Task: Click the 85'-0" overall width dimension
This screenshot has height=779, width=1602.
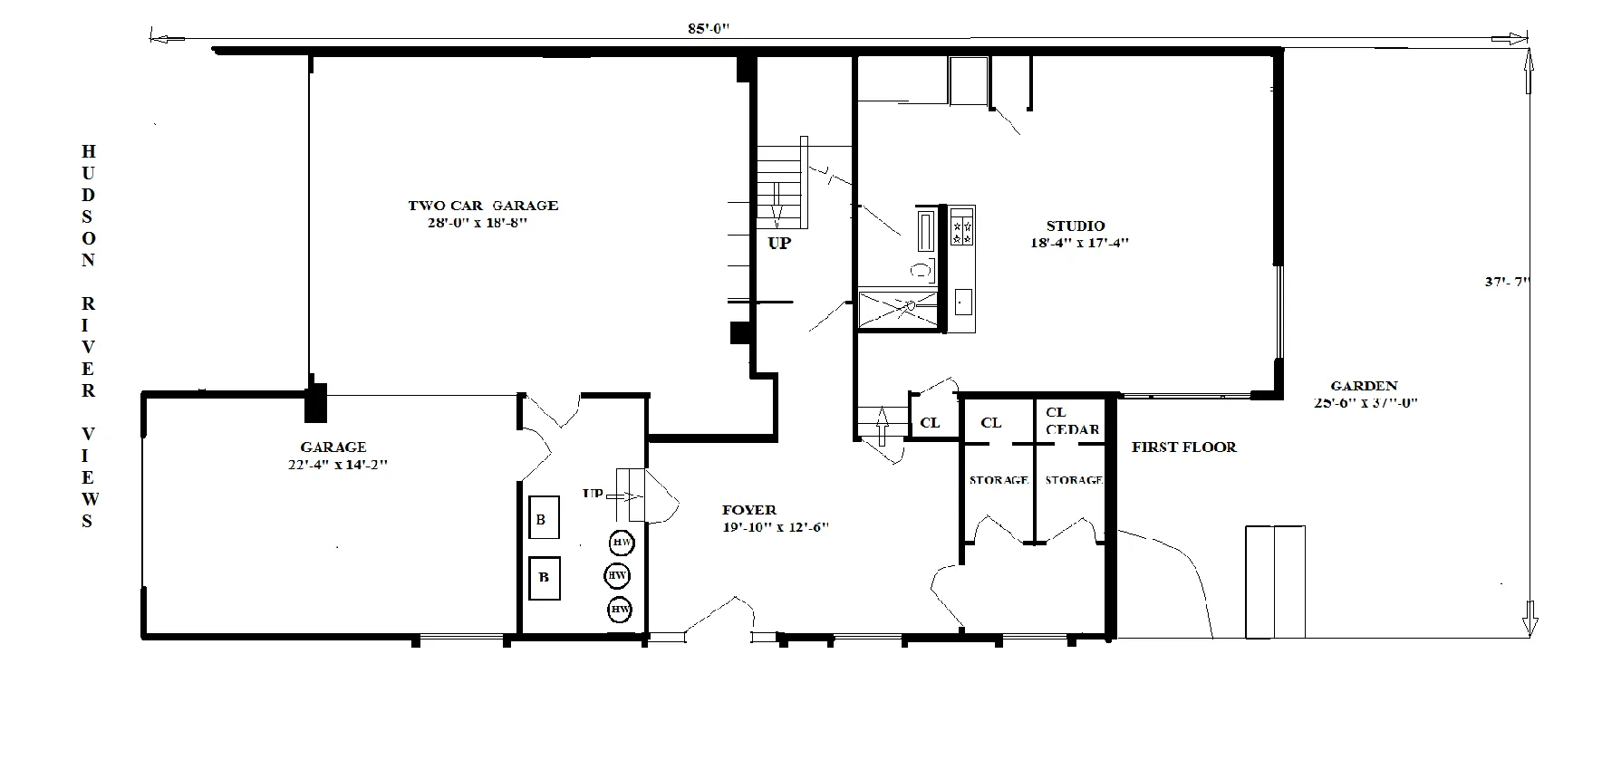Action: pos(708,28)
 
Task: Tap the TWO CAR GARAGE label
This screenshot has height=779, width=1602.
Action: pos(482,206)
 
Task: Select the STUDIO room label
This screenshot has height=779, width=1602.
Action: pos(1075,226)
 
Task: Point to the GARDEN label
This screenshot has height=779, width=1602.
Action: pos(1364,386)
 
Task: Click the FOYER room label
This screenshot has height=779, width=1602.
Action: pos(748,510)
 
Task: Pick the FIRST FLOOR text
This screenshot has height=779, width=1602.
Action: pos(1183,447)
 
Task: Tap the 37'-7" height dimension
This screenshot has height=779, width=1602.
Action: pos(1506,282)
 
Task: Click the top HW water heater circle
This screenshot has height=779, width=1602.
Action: pos(622,543)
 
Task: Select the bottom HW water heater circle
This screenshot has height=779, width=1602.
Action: pos(620,610)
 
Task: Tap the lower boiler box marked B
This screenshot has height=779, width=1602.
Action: pos(544,578)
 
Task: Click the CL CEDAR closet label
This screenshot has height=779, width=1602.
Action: pos(1071,421)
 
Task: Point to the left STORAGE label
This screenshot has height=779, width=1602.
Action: pos(998,479)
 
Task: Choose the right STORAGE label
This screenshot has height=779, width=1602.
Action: pos(1074,479)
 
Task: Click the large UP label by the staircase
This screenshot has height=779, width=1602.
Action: pos(779,243)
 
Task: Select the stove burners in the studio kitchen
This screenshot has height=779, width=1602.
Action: pos(962,226)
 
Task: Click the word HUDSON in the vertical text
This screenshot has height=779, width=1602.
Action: pos(88,205)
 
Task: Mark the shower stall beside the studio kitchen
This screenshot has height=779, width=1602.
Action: pos(897,310)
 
